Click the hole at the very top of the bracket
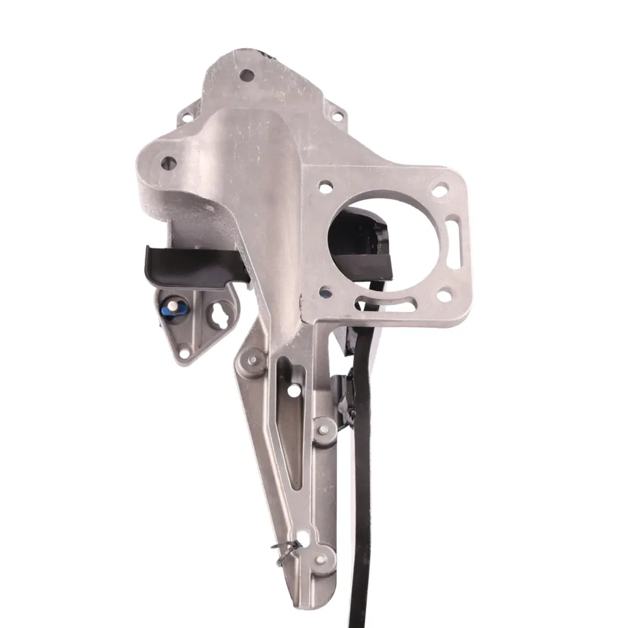click(x=247, y=74)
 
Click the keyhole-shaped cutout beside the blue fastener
click(x=219, y=316)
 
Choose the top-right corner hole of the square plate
click(x=440, y=189)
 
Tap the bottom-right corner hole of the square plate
click(x=444, y=295)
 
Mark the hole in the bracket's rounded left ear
click(x=168, y=162)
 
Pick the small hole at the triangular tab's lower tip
click(x=184, y=351)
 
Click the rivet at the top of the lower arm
click(x=252, y=359)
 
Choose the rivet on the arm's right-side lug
click(x=324, y=429)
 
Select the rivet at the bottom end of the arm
click(x=320, y=560)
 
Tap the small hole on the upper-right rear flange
click(x=335, y=116)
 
